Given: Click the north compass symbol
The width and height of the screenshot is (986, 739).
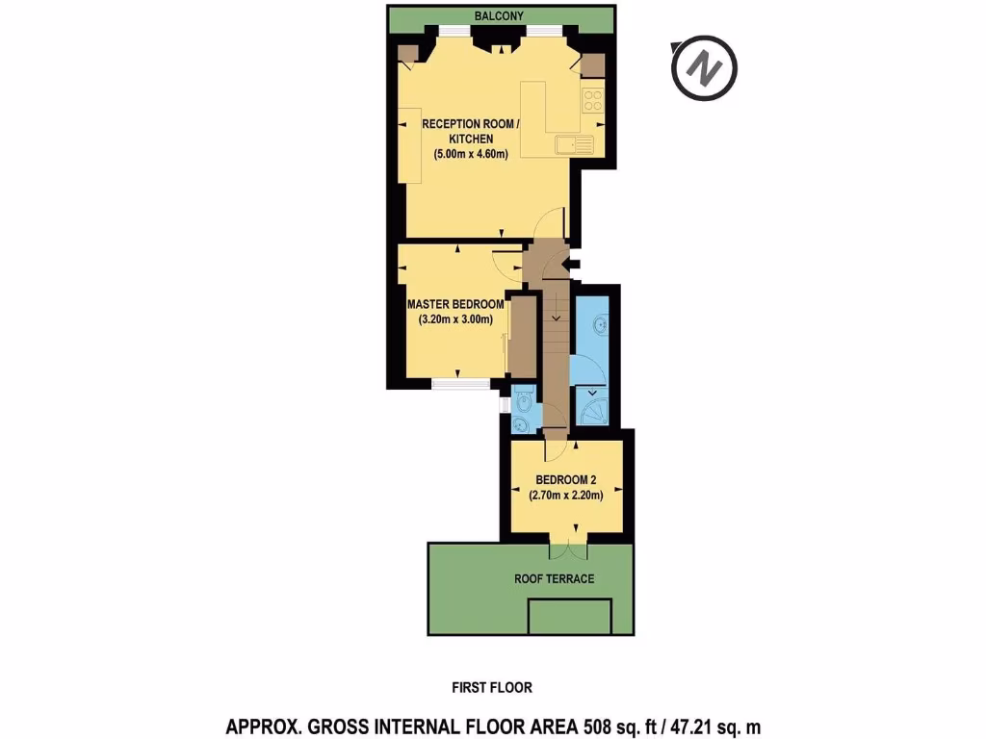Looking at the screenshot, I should pos(704,69).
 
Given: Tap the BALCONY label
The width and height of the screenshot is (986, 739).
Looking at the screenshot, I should pos(501,16).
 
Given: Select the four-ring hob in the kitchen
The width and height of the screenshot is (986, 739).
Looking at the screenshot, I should pos(592,99).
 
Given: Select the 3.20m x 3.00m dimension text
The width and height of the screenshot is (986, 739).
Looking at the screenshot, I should pos(455,320).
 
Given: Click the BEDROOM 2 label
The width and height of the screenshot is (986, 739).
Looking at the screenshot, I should pos(565,480).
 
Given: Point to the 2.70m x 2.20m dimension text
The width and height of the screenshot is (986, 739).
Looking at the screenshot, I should pos(565,496).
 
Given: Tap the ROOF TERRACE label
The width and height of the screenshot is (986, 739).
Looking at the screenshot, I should pos(554,578).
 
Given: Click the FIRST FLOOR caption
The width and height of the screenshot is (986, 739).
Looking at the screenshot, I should pos(492,687).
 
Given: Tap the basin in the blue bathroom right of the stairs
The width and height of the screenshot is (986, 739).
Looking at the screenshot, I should pos(599,325).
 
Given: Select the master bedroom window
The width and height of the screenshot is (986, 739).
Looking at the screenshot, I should pos(459,383).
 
